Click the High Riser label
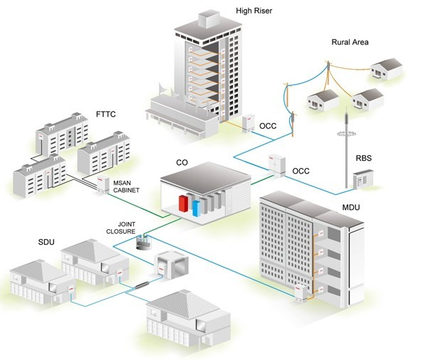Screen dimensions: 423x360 point(254,11)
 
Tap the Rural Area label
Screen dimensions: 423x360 point(350,42)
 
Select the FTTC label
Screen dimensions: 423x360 point(105,115)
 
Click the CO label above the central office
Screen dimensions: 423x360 point(182,163)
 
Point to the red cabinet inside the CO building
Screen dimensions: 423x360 point(184,203)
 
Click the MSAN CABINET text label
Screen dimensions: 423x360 point(126,186)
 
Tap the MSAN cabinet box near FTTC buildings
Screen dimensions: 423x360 point(103,184)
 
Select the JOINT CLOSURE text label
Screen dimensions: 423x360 point(121,228)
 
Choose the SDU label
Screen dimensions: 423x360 point(46,242)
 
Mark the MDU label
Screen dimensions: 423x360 point(350,208)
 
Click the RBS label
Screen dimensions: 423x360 point(363,158)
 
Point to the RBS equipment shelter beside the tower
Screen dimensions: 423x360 point(363,179)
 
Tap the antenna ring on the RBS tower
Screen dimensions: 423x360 point(346,133)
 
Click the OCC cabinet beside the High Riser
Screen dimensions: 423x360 point(249,123)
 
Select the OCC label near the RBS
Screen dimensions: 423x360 point(301,171)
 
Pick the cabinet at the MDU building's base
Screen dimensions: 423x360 point(301,294)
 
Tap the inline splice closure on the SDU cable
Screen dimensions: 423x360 point(142,285)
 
